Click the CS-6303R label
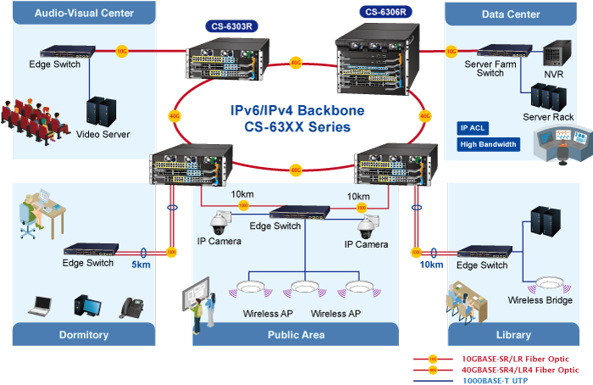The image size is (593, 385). coord(231,26)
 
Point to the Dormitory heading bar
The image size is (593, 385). coord(84,335)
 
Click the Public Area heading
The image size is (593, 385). coord(296,335)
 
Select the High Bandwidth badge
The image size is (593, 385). coord(488,144)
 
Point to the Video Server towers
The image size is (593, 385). coord(102,110)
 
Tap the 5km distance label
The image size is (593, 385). coord(141,264)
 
